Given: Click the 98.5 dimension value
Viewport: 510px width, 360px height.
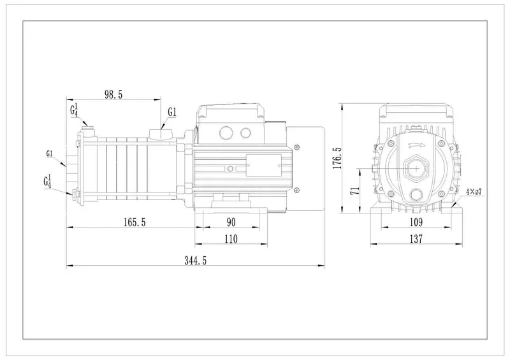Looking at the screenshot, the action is tap(113, 95).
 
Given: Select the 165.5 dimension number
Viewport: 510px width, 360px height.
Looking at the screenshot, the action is tap(135, 222).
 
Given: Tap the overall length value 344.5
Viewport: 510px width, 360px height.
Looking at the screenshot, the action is tap(196, 261).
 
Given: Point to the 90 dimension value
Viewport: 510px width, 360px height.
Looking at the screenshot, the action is tap(231, 222).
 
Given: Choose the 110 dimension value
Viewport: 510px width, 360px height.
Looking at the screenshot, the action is tap(231, 239).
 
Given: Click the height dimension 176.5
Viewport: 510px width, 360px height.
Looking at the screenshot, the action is tap(338, 158).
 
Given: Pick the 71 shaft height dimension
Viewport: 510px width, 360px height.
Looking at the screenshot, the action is tap(356, 191).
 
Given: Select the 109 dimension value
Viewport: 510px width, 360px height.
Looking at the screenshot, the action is tap(416, 222).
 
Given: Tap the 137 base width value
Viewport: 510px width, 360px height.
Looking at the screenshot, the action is tap(416, 239).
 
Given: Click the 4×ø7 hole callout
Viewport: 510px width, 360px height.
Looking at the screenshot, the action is tap(474, 192).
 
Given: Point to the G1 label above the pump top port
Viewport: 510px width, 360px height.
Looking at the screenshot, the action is tap(172, 112).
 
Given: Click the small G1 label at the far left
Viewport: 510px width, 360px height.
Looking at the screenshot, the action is tap(50, 154).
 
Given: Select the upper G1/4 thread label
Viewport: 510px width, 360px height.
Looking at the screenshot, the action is tap(74, 110).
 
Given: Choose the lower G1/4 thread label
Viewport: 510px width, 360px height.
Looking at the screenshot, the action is tap(47, 182).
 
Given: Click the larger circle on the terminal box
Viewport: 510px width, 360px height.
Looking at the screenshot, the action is tap(226, 133).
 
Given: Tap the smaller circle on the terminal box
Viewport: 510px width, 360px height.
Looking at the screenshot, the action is tap(245, 133).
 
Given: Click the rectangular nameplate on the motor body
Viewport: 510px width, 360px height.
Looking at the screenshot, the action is tap(264, 166).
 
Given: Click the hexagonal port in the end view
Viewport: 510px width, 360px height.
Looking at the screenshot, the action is tap(417, 168).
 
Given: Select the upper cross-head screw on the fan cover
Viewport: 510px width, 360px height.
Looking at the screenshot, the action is tap(297, 147).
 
